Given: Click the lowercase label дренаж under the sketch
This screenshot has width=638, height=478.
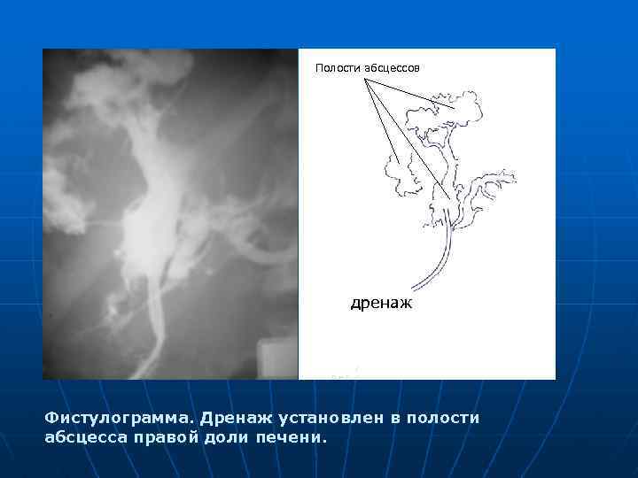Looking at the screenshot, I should click(x=382, y=304).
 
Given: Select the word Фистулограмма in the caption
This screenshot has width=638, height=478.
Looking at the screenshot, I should click(x=119, y=417).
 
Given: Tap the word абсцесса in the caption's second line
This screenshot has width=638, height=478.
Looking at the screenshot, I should click(x=86, y=436).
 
